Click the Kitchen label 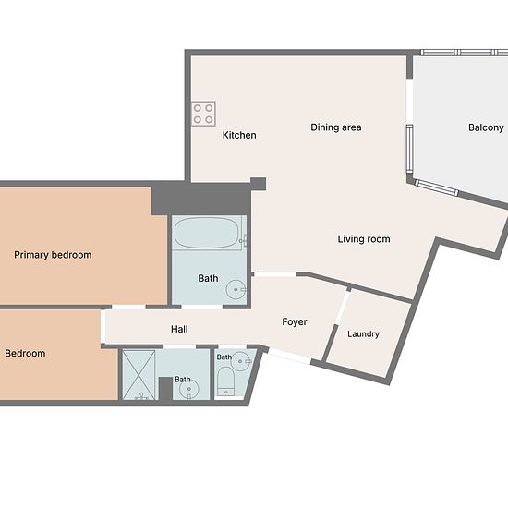point(239,135)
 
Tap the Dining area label point(336,127)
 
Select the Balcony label point(486,127)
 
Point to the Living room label point(364,239)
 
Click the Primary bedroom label point(53,255)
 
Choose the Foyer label point(294,322)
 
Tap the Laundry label point(363,334)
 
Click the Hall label point(179,329)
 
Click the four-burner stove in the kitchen point(203,114)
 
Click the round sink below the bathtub point(236,290)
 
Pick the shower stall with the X point(139,374)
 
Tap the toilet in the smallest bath point(225,381)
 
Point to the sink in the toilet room point(240,360)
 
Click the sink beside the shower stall point(189,389)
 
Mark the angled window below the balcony point(436,187)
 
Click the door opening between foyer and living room point(274,274)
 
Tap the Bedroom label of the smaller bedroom point(25,353)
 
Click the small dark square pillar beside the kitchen point(259,184)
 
